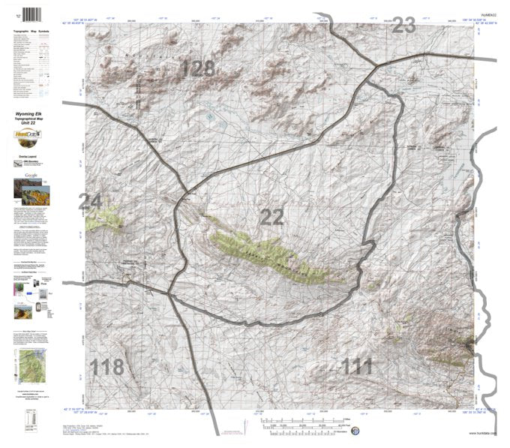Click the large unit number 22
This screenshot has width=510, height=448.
pos(271,217)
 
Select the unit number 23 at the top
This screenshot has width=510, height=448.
pos(403,26)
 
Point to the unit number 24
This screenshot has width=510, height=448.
pos(89,201)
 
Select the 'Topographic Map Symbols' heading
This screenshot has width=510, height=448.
pos(31,32)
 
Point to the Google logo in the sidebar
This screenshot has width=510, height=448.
pos(30,174)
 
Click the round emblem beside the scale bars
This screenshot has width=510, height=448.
pos(355,431)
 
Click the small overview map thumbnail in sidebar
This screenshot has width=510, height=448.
pos(30,364)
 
